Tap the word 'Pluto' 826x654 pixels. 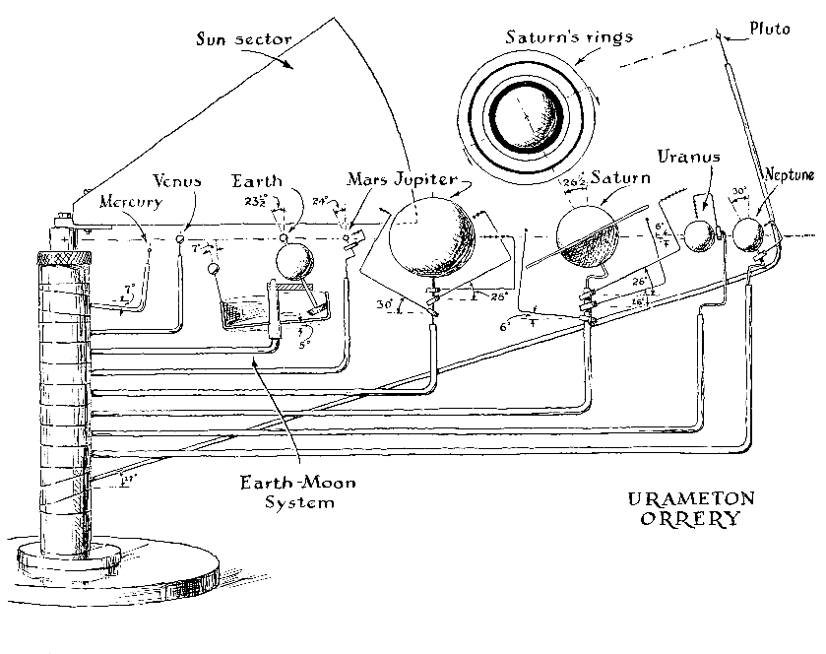point(768,29)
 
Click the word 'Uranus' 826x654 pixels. point(686,157)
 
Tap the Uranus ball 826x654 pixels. point(698,236)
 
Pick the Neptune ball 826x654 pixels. point(752,234)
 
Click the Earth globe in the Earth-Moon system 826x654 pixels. point(293,262)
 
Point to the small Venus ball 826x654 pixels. point(181,238)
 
